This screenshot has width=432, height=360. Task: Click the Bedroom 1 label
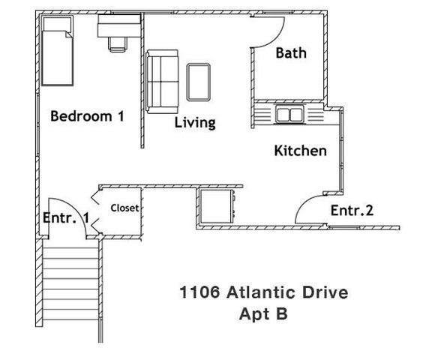pos(86,116)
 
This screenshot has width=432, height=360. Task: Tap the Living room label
pos(195,122)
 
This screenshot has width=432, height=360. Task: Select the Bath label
pos(291,53)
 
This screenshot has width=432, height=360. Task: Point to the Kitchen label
pos(300,151)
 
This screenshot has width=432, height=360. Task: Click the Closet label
pos(124,208)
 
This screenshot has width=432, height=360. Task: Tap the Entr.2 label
pos(352,211)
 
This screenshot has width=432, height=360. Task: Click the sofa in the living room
pos(162,81)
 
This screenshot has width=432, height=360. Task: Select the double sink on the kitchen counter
pos(288,115)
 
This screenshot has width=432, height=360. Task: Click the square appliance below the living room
pos(217,205)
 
